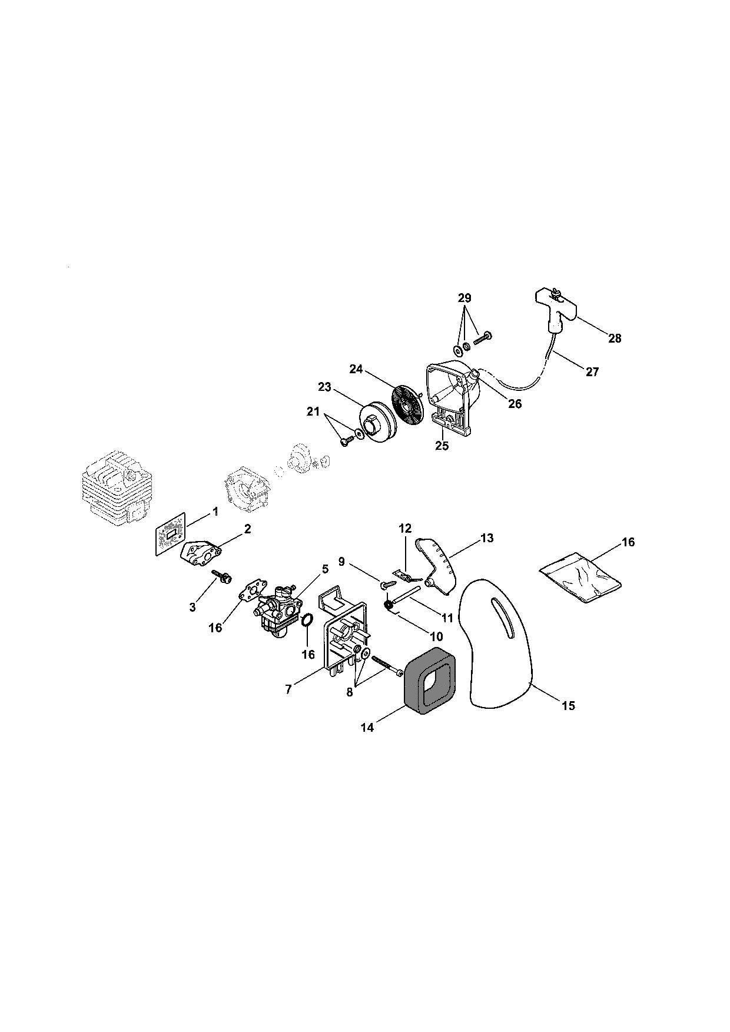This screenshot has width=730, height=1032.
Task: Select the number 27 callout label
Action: tap(592, 371)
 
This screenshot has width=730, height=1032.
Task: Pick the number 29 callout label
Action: tap(465, 298)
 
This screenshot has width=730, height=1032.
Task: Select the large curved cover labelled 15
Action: tap(500, 642)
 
